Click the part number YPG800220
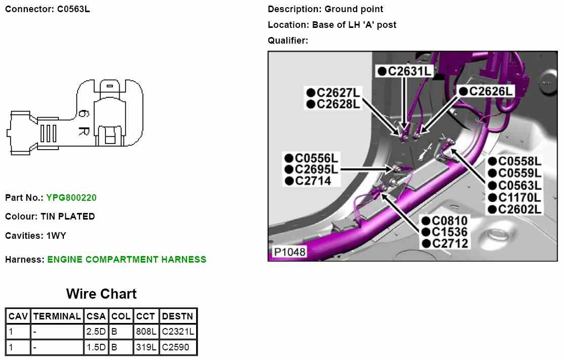click(x=71, y=198)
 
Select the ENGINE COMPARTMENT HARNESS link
click(x=127, y=260)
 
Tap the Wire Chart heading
click(x=101, y=294)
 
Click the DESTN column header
click(x=178, y=316)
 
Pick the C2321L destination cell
click(x=178, y=332)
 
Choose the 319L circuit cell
click(x=146, y=347)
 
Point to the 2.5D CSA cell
click(x=96, y=332)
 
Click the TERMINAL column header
click(x=57, y=316)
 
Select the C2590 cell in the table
click(x=175, y=347)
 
